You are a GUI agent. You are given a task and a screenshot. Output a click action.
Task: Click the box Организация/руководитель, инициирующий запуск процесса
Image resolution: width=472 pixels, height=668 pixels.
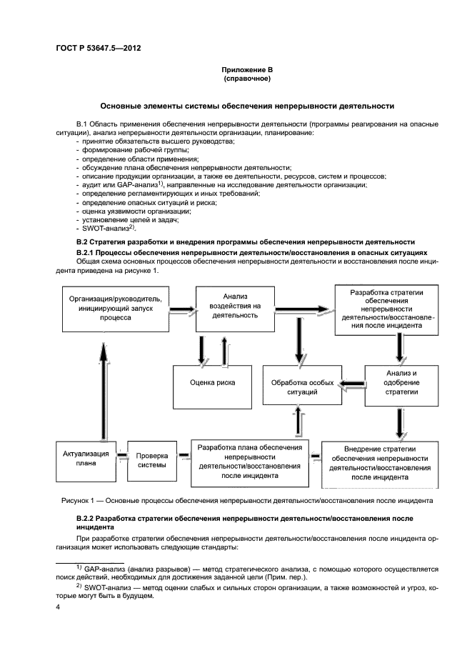[116, 308]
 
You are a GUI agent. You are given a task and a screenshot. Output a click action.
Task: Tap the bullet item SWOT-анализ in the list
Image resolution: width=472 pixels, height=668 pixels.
[108, 229]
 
